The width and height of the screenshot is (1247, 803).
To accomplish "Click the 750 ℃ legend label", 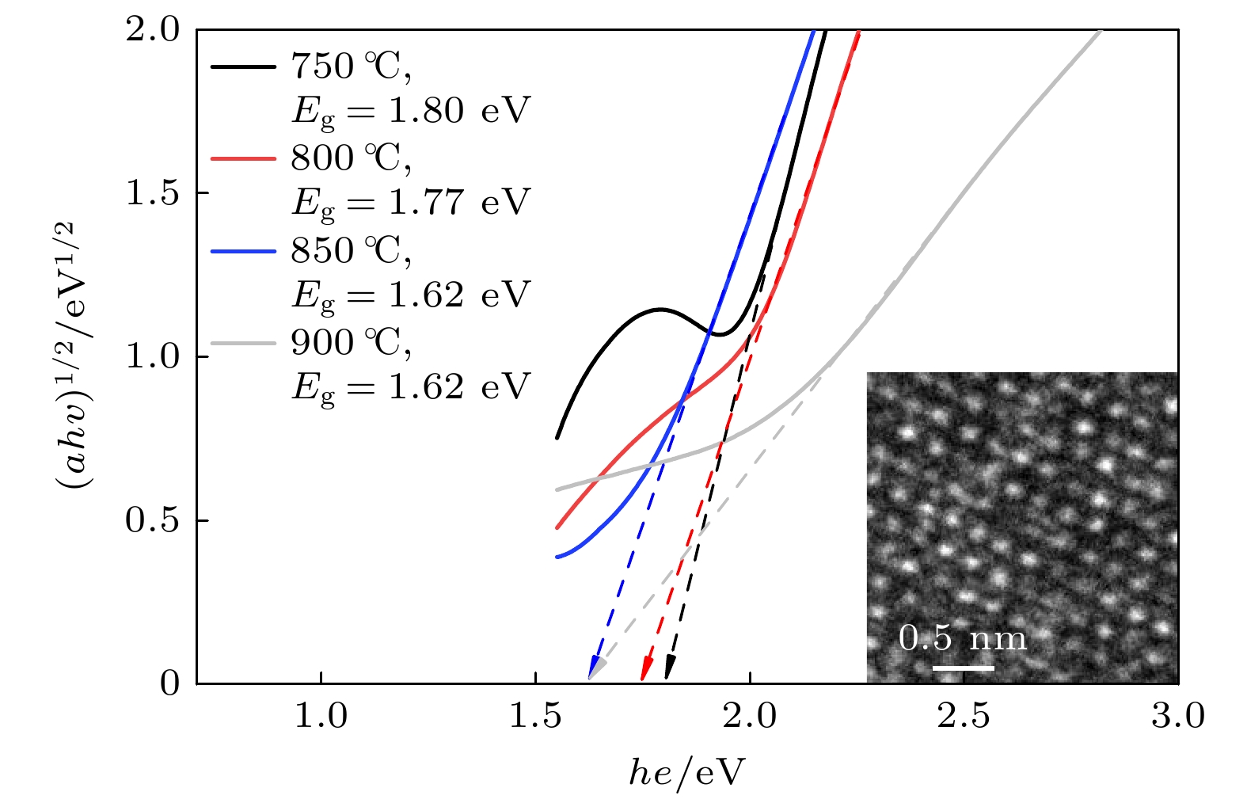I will pos(352,67).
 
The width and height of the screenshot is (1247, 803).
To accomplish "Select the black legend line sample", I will pos(244,67).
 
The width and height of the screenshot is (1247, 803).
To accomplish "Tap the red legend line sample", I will pos(244,158).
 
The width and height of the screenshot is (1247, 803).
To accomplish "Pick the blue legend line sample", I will pos(244,250).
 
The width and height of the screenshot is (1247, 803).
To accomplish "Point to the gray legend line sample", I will pos(244,343).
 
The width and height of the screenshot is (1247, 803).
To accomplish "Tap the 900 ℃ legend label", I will pos(352,343).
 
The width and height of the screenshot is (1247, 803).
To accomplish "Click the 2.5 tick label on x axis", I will pos(964,717).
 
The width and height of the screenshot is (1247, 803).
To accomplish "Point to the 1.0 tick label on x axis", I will pos(321,717).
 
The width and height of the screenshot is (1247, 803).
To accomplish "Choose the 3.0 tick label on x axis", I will pos(1178,717).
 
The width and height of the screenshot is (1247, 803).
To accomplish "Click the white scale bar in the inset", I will pos(963,668).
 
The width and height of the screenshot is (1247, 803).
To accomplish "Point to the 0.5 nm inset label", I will pos(963,638).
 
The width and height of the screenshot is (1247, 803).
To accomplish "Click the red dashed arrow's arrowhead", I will pos(645,669).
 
